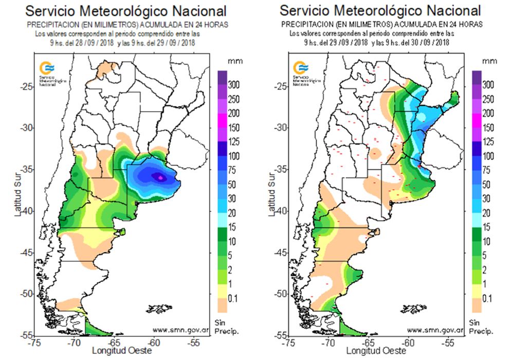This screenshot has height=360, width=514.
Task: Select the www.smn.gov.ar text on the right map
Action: [x=437, y=329]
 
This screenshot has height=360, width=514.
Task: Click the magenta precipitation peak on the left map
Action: [x=160, y=177]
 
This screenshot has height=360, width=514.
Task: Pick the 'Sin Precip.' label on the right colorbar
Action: [x=481, y=325]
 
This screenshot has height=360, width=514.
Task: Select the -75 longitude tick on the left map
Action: [x=34, y=342]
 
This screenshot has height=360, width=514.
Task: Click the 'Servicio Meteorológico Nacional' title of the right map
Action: [x=381, y=11]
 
